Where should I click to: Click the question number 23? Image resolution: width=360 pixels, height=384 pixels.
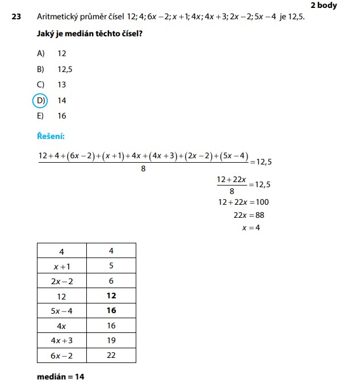coord(16,17)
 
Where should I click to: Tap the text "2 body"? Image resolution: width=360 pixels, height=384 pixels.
coord(324,5)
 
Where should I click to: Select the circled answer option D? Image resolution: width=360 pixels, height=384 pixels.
coord(40,100)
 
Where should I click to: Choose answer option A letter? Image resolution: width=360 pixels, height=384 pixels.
coord(40,53)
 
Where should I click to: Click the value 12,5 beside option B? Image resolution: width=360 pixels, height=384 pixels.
coord(65,69)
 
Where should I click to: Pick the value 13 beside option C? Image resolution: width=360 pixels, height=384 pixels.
coord(62,85)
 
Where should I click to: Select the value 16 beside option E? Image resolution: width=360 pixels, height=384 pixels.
coord(62,116)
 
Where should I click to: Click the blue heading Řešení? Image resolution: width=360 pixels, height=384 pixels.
coord(51,136)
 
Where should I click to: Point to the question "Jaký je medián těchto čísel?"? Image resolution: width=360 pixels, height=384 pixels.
coord(89,35)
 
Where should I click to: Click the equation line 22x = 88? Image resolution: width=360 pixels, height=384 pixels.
coord(249,215)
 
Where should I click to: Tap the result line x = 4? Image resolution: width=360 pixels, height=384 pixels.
coord(251,228)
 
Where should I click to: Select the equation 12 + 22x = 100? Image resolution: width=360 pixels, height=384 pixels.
coord(243,202)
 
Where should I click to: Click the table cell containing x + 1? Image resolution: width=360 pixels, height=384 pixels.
coord(61,265)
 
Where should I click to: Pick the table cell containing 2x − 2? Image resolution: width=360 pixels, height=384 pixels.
coord(61,281)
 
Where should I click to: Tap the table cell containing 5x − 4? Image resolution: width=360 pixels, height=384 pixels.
coord(61,311)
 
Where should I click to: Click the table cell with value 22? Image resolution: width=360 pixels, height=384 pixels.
coord(111,356)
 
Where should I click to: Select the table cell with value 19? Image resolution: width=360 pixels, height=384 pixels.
coord(111,340)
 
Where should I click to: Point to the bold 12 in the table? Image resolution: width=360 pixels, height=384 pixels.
coord(111,296)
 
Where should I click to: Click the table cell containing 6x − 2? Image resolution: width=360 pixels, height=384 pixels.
coord(61,356)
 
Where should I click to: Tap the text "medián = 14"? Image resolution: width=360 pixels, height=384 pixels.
coord(61,376)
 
